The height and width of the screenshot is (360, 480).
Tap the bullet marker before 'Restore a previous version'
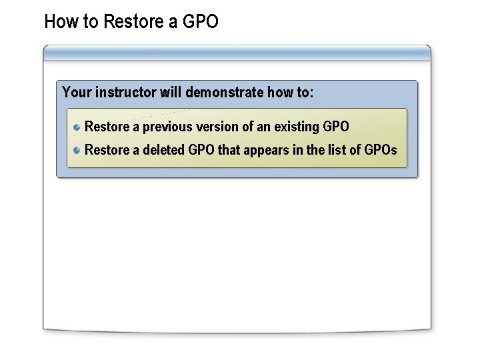point(77,127)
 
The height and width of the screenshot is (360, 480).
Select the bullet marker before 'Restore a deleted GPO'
point(77,150)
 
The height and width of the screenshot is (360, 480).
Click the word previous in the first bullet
point(167,127)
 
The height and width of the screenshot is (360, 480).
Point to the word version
point(217,127)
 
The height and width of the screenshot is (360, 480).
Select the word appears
point(266,150)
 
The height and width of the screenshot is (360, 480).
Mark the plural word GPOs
point(381,150)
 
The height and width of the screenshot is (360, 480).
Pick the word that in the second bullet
point(229,150)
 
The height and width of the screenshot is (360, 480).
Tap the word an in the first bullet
point(264,127)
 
